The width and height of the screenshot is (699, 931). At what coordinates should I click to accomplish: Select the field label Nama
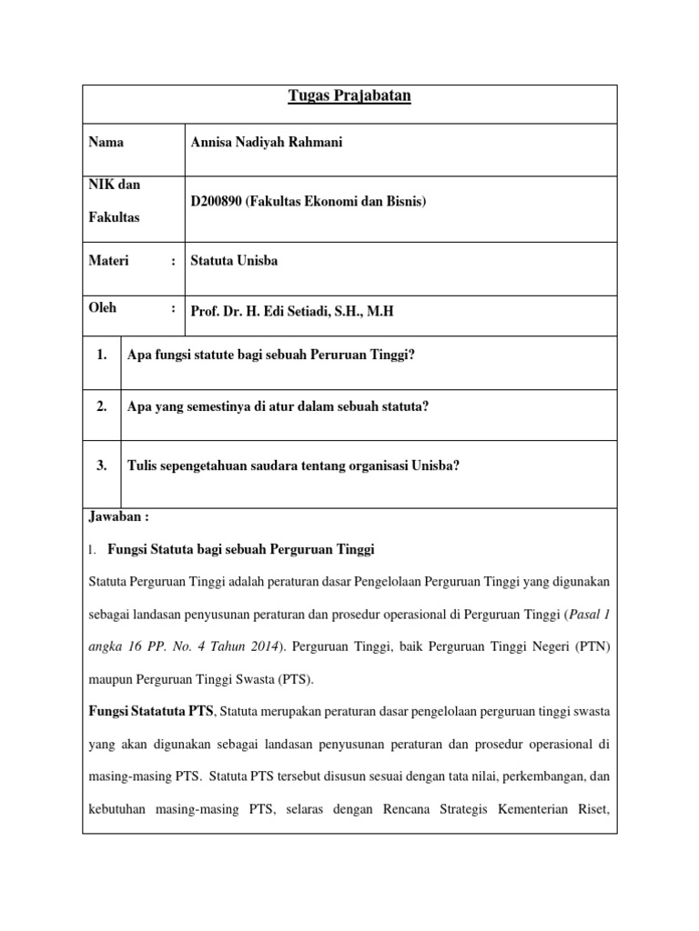point(106,143)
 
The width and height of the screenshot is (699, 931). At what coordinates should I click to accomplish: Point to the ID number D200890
point(218,201)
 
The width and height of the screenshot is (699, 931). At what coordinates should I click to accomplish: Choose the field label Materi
point(108,261)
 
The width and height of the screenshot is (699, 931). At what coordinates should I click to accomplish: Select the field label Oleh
point(103,309)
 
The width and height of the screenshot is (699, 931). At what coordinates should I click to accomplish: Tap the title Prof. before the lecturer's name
point(205,311)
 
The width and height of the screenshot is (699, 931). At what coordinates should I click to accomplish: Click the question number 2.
point(102,406)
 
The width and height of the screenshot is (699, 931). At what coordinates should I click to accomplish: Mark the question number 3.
point(102,465)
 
